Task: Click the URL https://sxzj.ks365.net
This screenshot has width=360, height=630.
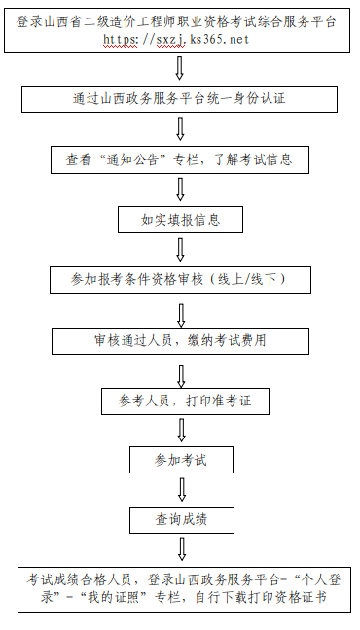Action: (180, 39)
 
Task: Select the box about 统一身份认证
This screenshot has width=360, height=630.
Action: (180, 98)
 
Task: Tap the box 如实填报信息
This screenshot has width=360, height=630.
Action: (180, 219)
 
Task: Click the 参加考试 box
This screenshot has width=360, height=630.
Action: (180, 459)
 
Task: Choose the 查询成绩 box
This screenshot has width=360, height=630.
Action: (180, 520)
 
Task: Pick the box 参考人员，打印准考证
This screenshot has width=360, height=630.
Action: (180, 400)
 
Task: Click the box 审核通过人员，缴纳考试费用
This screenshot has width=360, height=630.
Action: (180, 340)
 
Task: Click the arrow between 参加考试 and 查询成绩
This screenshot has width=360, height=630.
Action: (180, 490)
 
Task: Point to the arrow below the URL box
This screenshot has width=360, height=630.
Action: (180, 68)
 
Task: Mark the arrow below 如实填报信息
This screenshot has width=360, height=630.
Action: (180, 249)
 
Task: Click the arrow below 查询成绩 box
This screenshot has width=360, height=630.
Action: (180, 550)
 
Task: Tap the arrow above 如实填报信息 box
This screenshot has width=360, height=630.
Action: (180, 190)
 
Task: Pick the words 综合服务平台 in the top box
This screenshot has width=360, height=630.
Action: (297, 20)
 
